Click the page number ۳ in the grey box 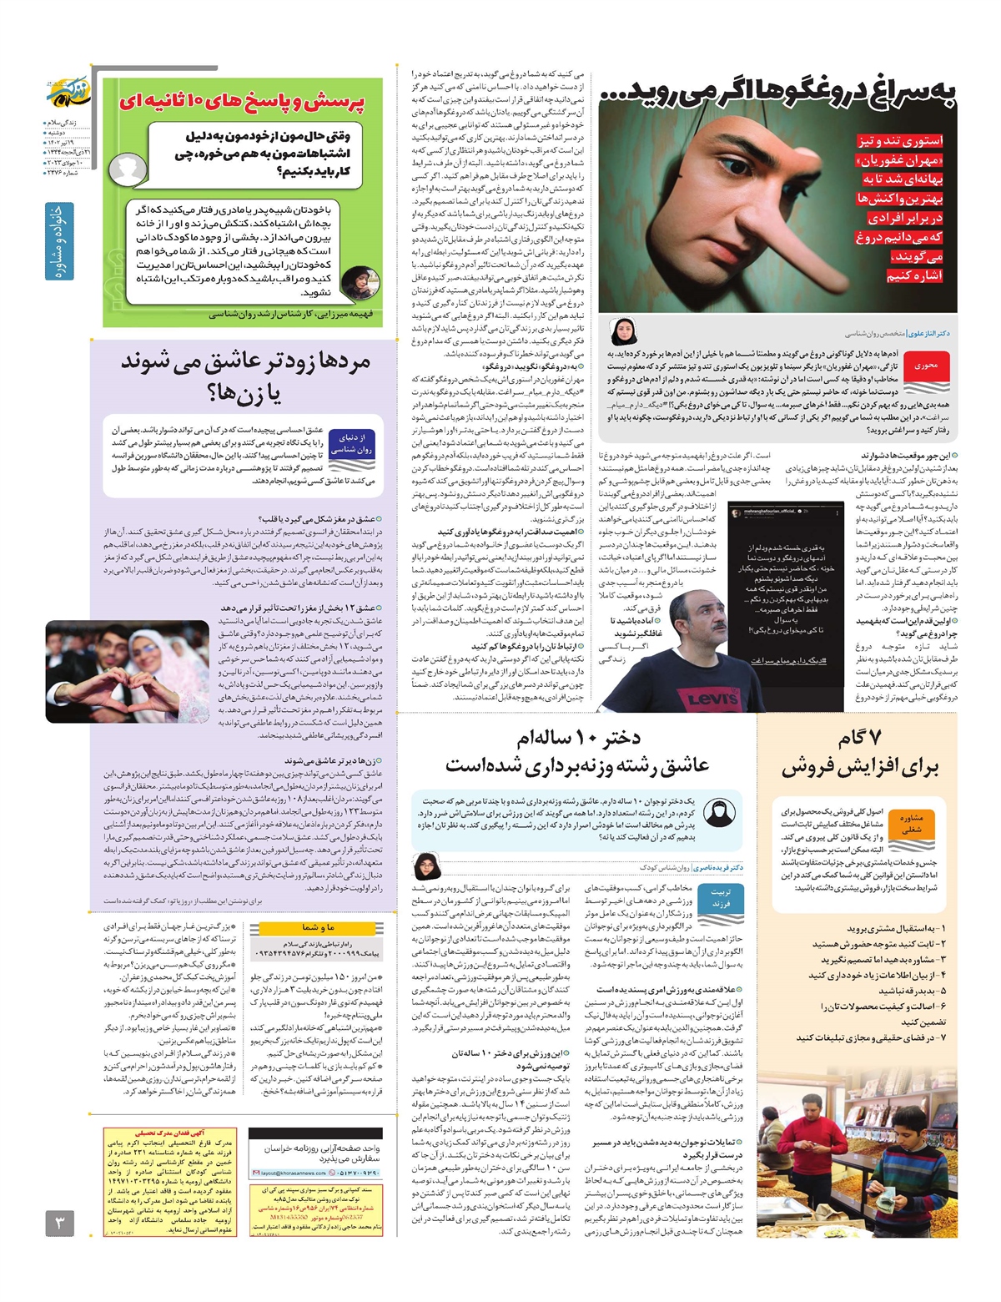pos(59,1224)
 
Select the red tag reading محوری pos(926,366)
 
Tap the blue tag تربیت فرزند pos(720,898)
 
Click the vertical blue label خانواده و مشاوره pos(59,241)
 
